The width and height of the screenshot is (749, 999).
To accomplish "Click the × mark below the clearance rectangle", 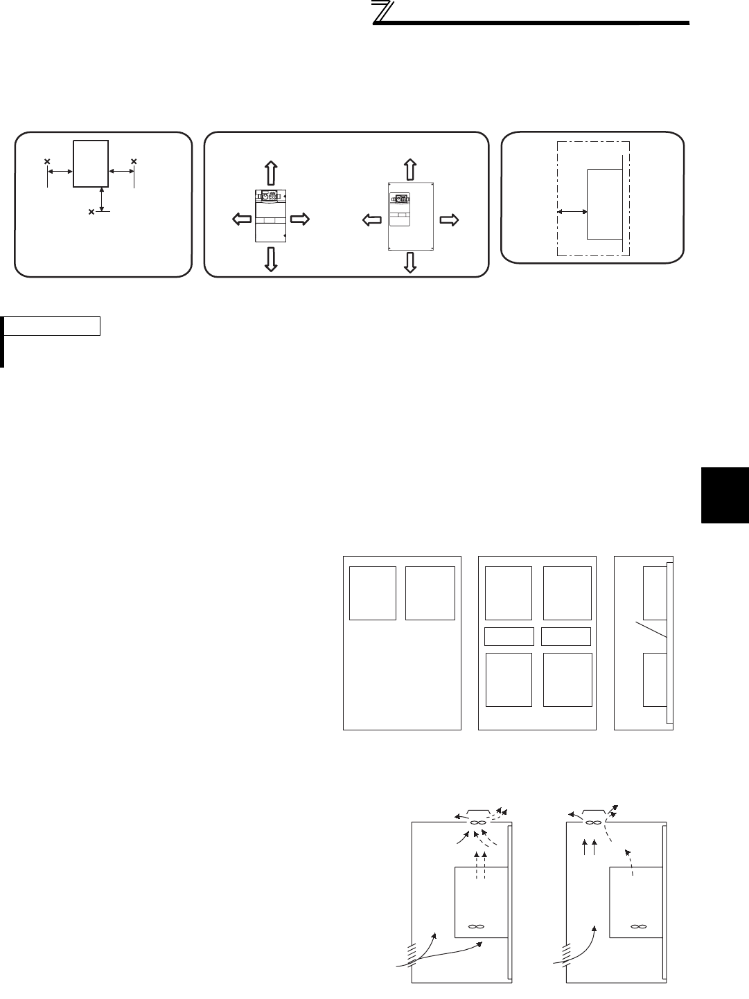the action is coord(91,212).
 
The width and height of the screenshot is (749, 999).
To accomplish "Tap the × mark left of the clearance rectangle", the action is coord(47,162).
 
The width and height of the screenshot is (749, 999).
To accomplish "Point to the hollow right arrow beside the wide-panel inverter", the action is coord(448,220).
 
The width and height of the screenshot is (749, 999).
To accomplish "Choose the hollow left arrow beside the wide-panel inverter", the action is coord(372,220).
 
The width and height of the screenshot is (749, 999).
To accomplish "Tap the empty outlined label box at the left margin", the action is coord(53,325).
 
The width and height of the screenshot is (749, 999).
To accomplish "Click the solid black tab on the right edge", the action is coord(725,496).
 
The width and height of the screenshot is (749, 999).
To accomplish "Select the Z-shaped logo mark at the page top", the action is coord(382,13).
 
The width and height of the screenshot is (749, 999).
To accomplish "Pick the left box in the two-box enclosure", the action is coord(373,593).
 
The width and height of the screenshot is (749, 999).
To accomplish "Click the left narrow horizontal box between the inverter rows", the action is coord(509,636).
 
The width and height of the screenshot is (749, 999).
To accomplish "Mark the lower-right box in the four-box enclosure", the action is coord(567,679).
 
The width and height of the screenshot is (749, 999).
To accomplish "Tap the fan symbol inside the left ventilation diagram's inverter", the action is coord(475,926).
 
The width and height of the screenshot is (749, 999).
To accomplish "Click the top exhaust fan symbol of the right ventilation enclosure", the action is coord(592,822).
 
